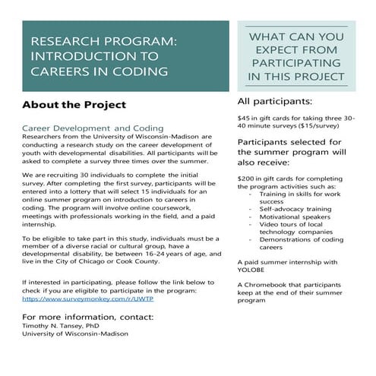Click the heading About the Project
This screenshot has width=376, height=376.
(x=74, y=105)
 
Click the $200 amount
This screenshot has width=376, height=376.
(x=247, y=175)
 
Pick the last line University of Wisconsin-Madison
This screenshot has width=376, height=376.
(x=65, y=333)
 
